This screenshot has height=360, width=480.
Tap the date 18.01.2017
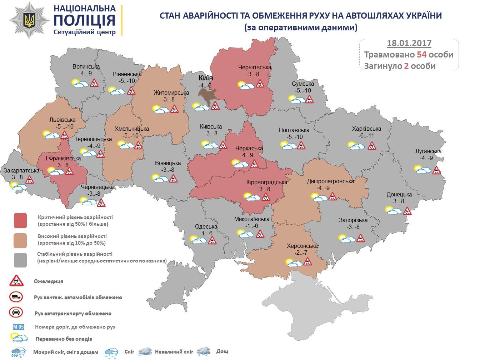pyautogui.click(x=409, y=43)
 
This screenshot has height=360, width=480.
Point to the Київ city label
pyautogui.click(x=205, y=78)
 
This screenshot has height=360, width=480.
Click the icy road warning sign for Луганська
pyautogui.click(x=436, y=170)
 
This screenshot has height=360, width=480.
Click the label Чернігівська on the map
pyautogui.click(x=255, y=67)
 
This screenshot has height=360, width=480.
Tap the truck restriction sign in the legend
pyautogui.click(x=16, y=296)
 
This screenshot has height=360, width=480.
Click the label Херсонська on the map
pyautogui.click(x=302, y=246)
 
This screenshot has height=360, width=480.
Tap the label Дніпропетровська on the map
pyautogui.click(x=330, y=181)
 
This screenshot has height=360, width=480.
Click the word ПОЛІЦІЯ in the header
pyautogui.click(x=85, y=21)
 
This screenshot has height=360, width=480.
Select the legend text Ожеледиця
pyautogui.click(x=49, y=281)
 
